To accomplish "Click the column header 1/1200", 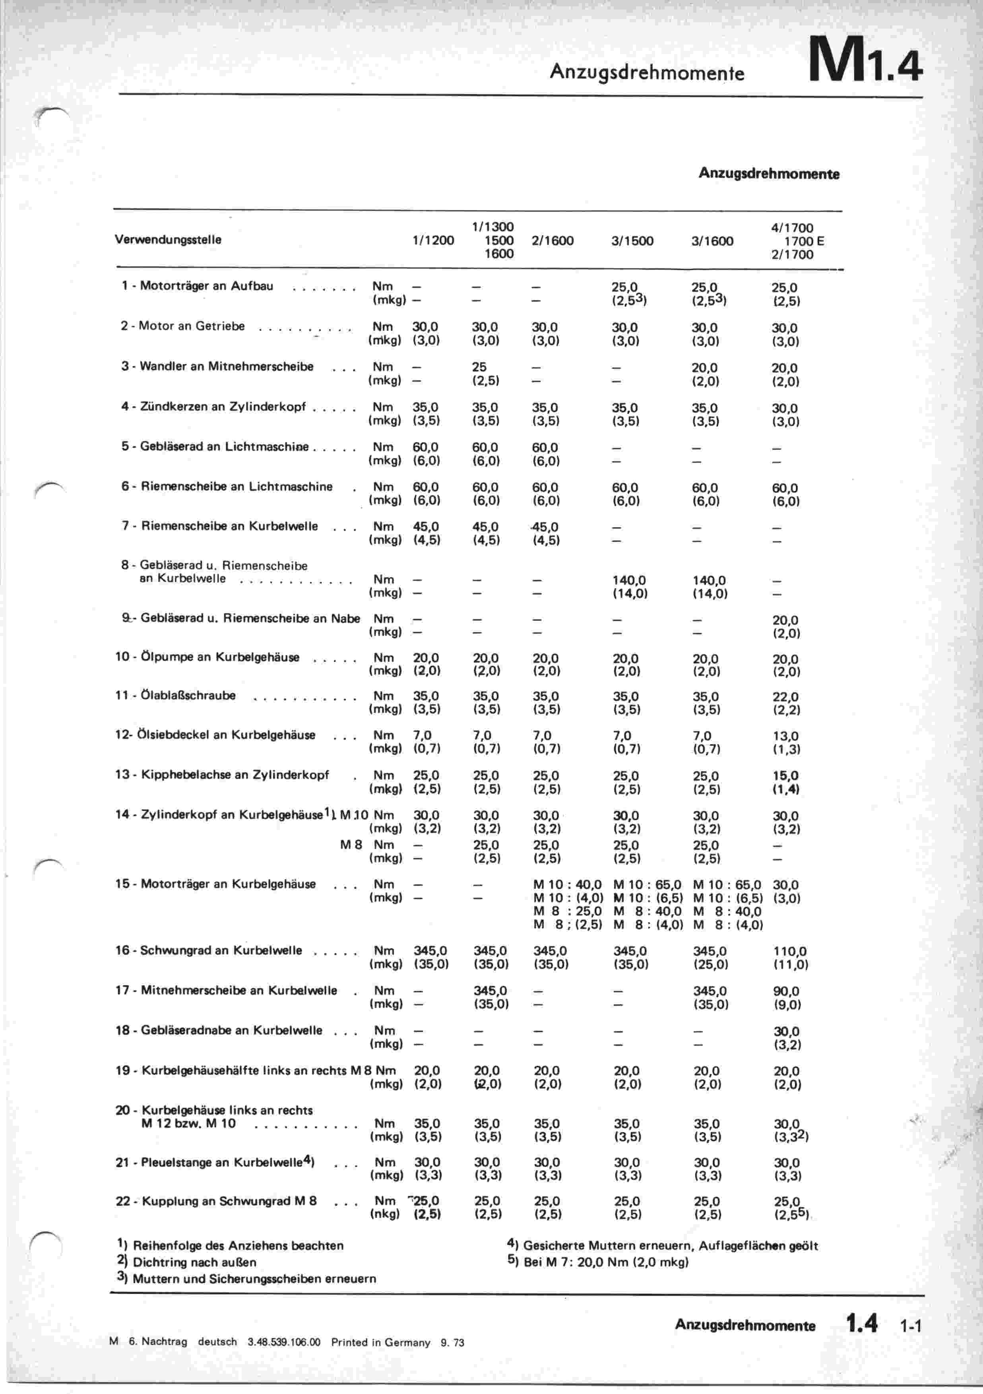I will [433, 240].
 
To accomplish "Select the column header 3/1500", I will [632, 241].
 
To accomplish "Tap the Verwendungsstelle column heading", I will [168, 239].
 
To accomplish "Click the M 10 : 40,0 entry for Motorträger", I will [567, 885].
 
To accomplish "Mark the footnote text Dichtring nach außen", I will [194, 1262].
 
